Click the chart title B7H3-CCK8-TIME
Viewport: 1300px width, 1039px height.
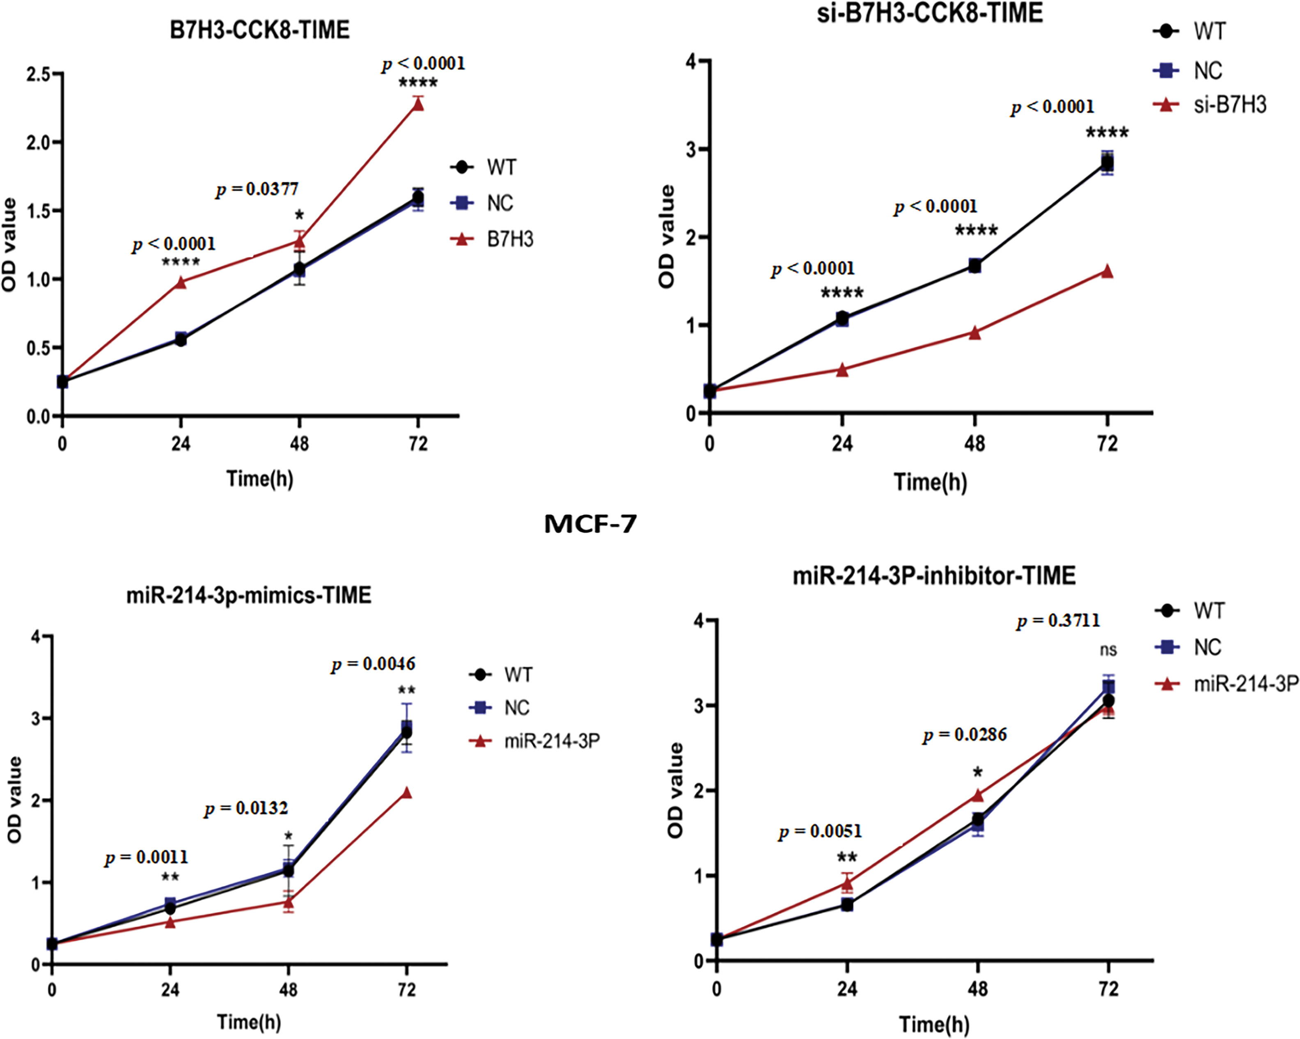pyautogui.click(x=259, y=30)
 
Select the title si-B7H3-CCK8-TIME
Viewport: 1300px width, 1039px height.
pyautogui.click(x=930, y=13)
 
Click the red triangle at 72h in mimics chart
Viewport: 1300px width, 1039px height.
pyautogui.click(x=406, y=792)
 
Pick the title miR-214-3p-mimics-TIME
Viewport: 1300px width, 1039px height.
pyautogui.click(x=248, y=595)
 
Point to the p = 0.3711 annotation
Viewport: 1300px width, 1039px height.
pyautogui.click(x=1058, y=621)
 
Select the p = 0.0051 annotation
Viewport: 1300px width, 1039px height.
pyautogui.click(x=821, y=832)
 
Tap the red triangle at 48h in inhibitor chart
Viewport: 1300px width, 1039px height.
pyautogui.click(x=977, y=796)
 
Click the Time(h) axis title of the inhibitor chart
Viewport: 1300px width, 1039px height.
pyautogui.click(x=934, y=1024)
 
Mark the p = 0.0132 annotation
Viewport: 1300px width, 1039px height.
pyautogui.click(x=246, y=808)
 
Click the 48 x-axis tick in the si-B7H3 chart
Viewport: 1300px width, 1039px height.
pyautogui.click(x=974, y=445)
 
